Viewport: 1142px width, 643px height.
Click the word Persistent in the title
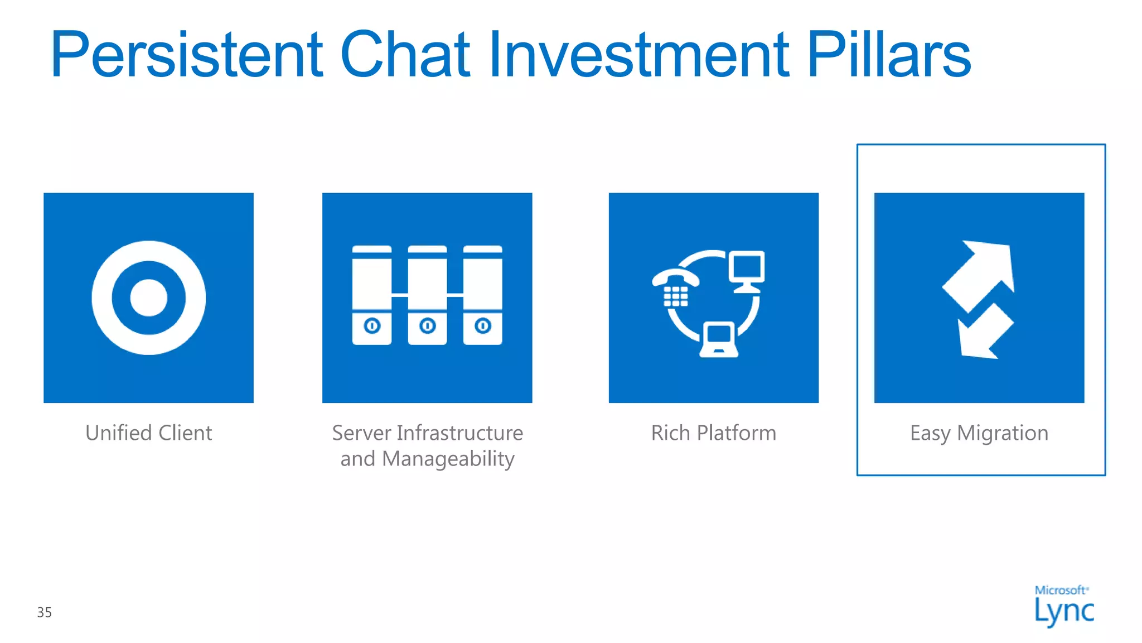(x=187, y=55)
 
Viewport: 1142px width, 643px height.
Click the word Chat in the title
(x=405, y=55)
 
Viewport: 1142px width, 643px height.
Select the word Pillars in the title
(x=889, y=55)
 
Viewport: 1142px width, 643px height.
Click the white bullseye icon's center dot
(x=148, y=297)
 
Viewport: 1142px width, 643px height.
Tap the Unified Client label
(x=148, y=433)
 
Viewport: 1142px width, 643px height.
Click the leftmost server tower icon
(x=372, y=295)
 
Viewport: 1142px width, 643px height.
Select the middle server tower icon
(x=427, y=295)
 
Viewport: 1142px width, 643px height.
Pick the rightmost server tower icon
(x=483, y=295)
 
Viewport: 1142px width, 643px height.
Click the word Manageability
(x=448, y=459)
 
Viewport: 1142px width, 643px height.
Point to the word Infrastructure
(x=459, y=433)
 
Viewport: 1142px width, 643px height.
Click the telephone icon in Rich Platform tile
(x=675, y=287)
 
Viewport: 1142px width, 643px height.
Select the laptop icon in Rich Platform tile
(x=719, y=339)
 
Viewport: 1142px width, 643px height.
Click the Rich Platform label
(x=713, y=433)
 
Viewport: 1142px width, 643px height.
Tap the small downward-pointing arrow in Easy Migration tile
(x=984, y=333)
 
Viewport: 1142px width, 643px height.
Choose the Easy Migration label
(x=979, y=433)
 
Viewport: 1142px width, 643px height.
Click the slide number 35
(x=45, y=612)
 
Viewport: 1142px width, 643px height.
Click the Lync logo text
(x=1064, y=611)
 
